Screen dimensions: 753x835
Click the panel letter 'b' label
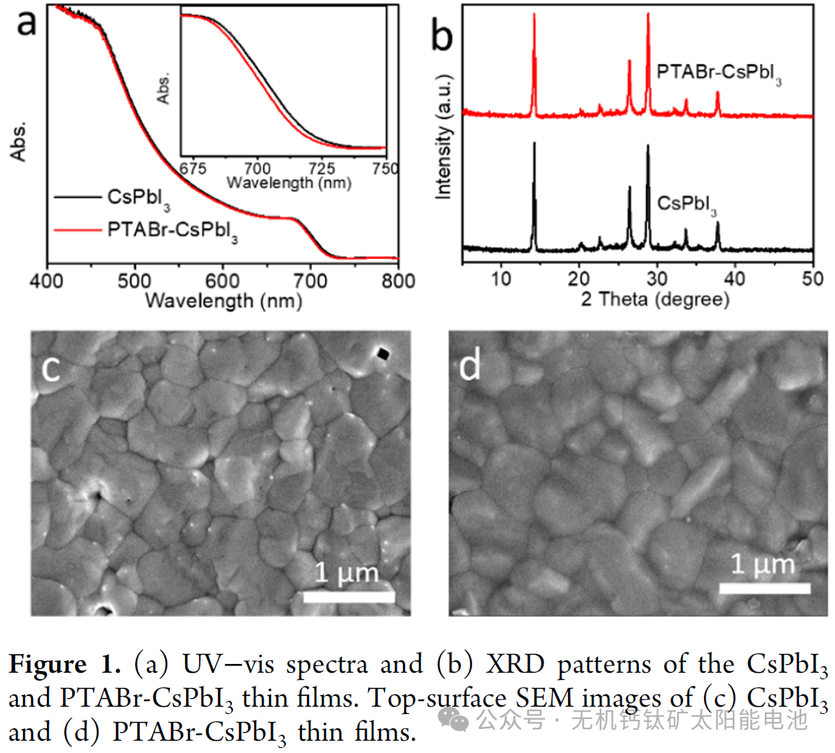click(x=441, y=34)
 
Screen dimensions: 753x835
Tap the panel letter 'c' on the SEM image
click(x=51, y=367)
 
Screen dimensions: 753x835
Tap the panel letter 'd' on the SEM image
click(x=470, y=366)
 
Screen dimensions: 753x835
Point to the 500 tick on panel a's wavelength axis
click(x=135, y=281)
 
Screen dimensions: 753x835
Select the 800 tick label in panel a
click(x=398, y=281)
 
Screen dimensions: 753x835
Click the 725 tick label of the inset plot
click(x=321, y=169)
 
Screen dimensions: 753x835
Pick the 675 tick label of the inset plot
click(x=192, y=169)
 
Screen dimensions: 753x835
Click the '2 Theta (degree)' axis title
click(x=655, y=299)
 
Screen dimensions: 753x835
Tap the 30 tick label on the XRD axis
click(x=657, y=278)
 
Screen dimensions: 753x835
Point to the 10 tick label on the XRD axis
click(x=501, y=278)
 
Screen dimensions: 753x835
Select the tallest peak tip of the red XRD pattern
click(x=648, y=14)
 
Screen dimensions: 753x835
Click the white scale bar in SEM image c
click(x=348, y=597)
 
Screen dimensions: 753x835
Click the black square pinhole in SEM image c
click(x=382, y=353)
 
